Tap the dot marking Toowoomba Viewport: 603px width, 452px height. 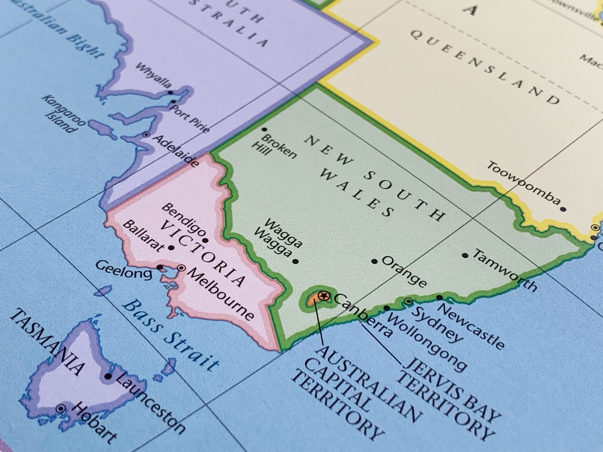pos(563,209)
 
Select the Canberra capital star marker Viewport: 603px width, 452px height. pos(324,295)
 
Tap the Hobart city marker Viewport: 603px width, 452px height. pos(60,409)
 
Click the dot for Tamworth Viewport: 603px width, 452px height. pos(465,255)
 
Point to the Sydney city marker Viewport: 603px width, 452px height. pos(408,301)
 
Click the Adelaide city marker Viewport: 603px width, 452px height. pos(146,135)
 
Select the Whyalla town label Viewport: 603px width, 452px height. pos(153,76)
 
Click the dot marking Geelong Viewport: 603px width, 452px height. pos(160,267)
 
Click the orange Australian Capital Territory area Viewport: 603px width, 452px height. pos(315,298)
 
